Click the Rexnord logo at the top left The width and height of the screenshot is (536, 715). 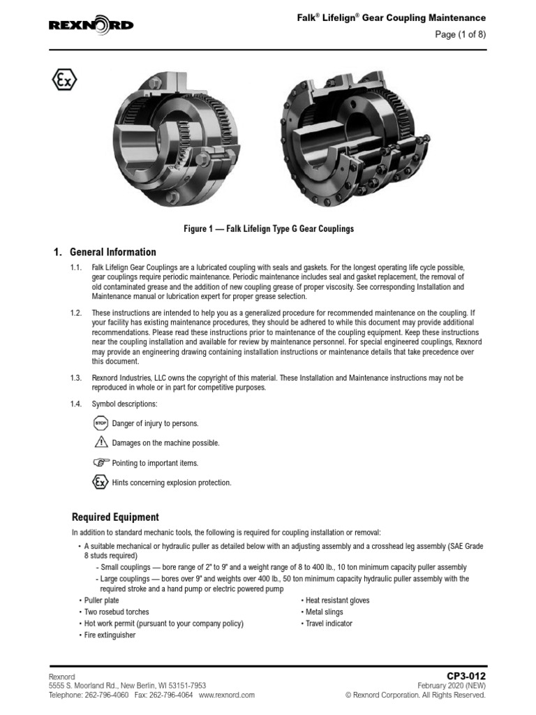(91, 26)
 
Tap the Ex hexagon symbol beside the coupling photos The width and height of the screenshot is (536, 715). (64, 80)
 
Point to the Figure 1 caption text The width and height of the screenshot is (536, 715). (267, 228)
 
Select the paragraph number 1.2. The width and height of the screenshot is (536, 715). (76, 312)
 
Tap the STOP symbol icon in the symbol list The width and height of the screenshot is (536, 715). (100, 423)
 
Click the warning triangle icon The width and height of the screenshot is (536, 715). (100, 443)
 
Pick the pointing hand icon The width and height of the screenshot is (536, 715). (100, 462)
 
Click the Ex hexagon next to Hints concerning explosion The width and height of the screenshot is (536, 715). (100, 482)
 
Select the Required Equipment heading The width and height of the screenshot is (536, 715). (115, 517)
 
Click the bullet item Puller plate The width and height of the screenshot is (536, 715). (105, 600)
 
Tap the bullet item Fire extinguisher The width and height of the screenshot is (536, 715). (109, 635)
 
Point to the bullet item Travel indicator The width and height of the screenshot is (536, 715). (329, 624)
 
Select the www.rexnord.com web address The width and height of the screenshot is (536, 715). (227, 695)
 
